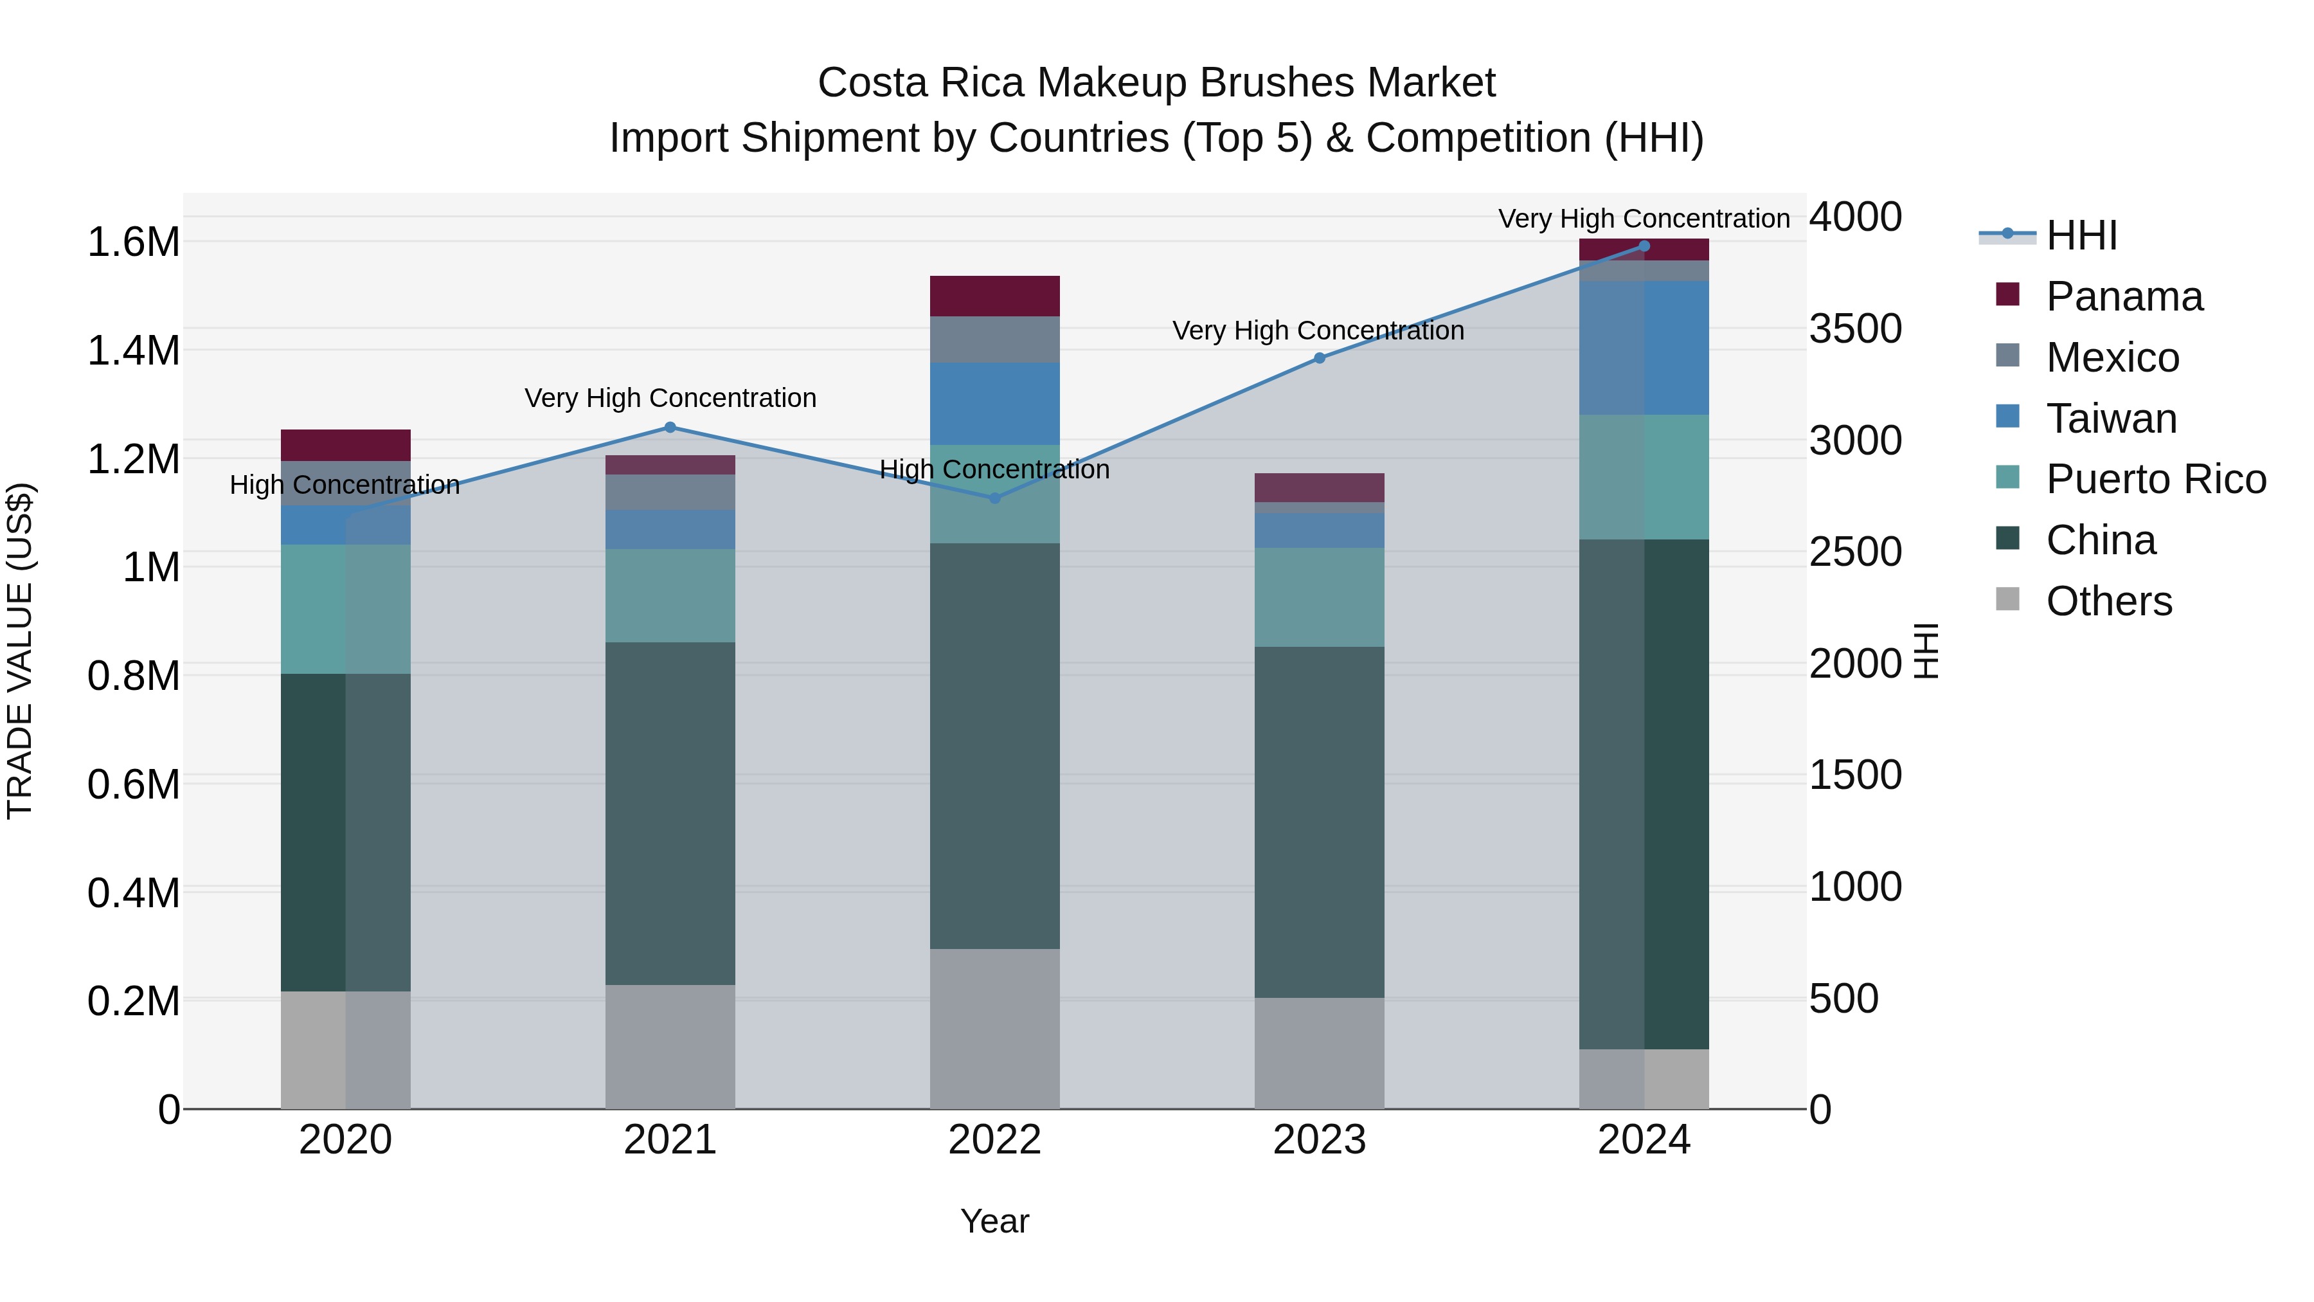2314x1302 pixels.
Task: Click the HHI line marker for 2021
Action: pyautogui.click(x=670, y=428)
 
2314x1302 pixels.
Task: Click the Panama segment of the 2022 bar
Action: pyautogui.click(x=994, y=296)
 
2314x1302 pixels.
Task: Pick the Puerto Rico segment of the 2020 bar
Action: pyautogui.click(x=346, y=610)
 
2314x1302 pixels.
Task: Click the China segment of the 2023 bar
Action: pyautogui.click(x=1320, y=822)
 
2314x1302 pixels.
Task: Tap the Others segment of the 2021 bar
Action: pyautogui.click(x=670, y=1047)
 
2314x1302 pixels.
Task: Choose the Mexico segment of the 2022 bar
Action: pyautogui.click(x=994, y=339)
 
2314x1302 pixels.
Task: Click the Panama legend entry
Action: pyautogui.click(x=2124, y=296)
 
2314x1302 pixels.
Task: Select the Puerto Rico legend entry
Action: pyautogui.click(x=2155, y=479)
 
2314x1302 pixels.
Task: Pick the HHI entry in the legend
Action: pyautogui.click(x=2081, y=235)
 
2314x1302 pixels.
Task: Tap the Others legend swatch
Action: pyautogui.click(x=2007, y=599)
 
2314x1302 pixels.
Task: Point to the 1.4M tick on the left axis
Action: pyautogui.click(x=134, y=350)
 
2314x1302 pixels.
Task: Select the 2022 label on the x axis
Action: pyautogui.click(x=994, y=1140)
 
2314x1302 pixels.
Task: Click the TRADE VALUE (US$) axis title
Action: pyautogui.click(x=20, y=651)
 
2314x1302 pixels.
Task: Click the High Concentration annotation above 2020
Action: pyautogui.click(x=345, y=485)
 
